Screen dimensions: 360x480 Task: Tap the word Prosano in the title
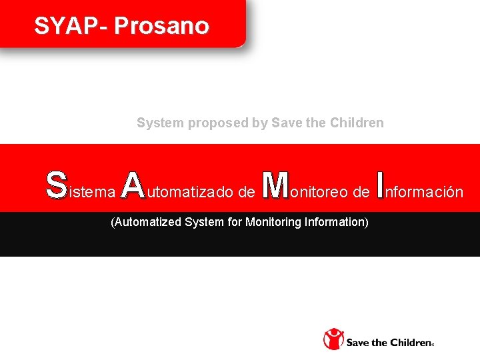click(161, 26)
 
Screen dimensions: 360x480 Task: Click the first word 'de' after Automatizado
click(246, 193)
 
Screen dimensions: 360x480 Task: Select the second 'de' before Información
click(361, 193)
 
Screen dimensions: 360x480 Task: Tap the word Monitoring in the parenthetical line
click(273, 221)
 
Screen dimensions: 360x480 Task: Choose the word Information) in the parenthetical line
click(337, 221)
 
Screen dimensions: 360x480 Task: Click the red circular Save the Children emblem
click(333, 339)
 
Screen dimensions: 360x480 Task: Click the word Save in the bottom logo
click(358, 343)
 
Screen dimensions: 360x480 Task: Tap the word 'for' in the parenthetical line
click(235, 221)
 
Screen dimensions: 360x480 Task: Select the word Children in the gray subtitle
click(360, 123)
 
